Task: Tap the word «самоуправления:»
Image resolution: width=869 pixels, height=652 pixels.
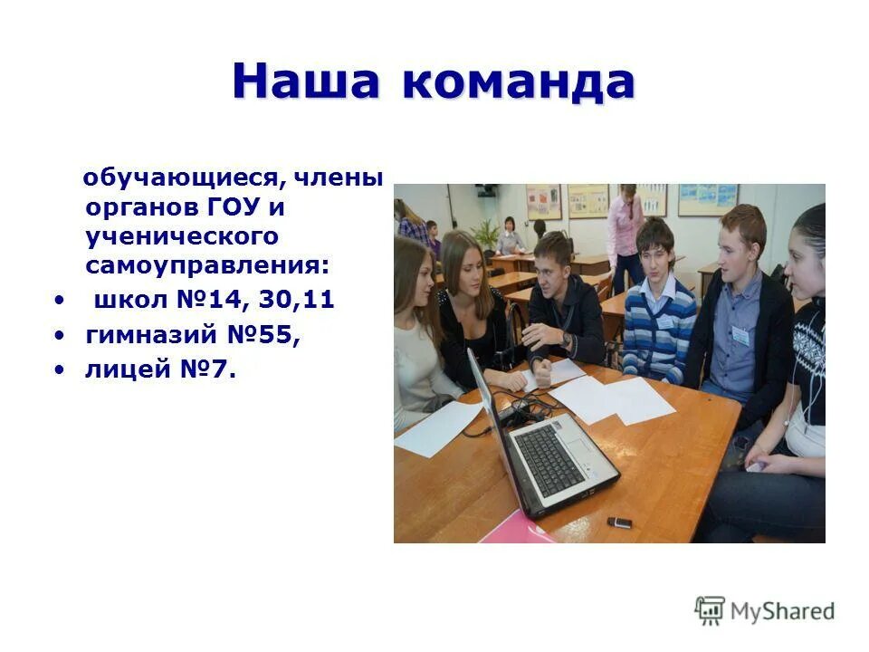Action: pyautogui.click(x=208, y=266)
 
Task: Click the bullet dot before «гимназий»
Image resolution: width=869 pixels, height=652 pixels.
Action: pyautogui.click(x=60, y=335)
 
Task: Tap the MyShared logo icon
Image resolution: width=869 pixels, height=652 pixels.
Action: pyautogui.click(x=710, y=609)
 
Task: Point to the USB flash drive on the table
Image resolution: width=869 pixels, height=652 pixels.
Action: pyautogui.click(x=618, y=523)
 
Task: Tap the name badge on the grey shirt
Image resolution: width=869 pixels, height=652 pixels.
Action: pyautogui.click(x=740, y=335)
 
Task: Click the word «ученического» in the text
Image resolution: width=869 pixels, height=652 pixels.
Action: pyautogui.click(x=181, y=237)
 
